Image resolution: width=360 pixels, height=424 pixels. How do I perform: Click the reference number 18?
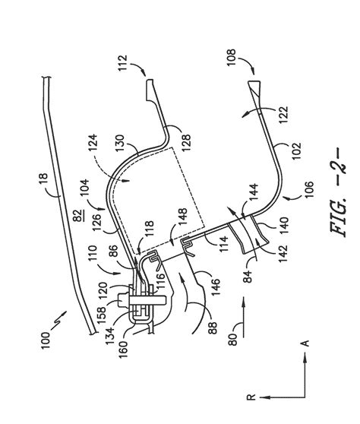pos(43,179)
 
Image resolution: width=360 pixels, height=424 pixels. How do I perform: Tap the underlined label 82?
pos(78,216)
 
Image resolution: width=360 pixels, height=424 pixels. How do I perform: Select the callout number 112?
pos(123,63)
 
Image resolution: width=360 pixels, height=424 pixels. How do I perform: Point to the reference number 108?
pos(232,57)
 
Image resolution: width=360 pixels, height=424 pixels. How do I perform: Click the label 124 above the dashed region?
pos(93,143)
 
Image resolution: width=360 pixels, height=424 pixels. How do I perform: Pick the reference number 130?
pos(120,144)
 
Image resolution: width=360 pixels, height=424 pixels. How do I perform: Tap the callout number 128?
pos(186,143)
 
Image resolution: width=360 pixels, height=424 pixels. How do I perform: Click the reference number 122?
pos(283,115)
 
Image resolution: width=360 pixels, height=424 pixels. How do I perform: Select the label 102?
pos(296,151)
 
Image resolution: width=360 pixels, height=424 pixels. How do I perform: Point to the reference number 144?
pos(254,192)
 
